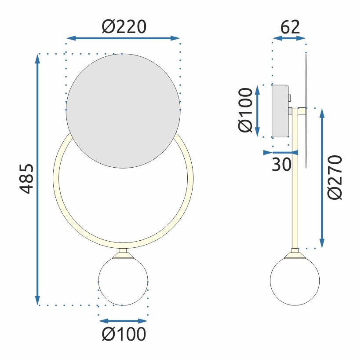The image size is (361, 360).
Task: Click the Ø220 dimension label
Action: [124, 27]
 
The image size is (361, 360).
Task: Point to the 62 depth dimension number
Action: [290, 27]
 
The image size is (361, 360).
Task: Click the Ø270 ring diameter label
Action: [335, 177]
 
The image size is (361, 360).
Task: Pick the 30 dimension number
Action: [281, 165]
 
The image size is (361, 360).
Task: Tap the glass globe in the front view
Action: [123, 281]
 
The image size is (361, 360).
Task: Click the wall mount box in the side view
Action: [281, 110]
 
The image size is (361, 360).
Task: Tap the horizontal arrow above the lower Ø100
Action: [123, 321]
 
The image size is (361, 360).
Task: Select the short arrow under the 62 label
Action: [289, 39]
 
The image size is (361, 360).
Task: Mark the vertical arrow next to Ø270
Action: [322, 177]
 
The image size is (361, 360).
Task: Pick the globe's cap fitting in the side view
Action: [295, 254]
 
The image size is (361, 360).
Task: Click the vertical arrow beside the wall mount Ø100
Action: [258, 110]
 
